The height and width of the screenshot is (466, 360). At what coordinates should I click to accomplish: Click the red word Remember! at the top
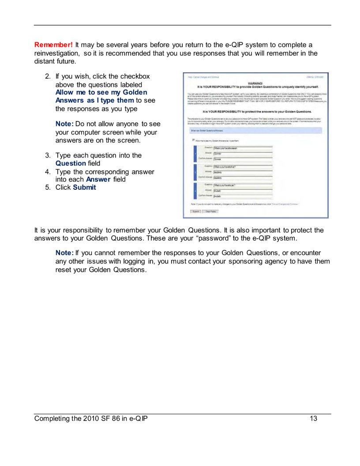53,45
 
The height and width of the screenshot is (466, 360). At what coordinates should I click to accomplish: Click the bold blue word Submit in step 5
84,187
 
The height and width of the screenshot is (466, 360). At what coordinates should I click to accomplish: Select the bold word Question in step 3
71,163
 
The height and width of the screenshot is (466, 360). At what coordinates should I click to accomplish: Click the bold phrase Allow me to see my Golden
101,92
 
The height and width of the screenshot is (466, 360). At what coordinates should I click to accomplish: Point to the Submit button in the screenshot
195,211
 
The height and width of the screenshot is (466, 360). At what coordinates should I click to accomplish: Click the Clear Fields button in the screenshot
210,211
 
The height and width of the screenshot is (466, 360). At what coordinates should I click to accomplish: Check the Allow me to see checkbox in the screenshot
193,139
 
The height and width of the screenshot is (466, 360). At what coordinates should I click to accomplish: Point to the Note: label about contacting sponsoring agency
64,252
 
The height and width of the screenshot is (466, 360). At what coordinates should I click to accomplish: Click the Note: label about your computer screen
64,124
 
